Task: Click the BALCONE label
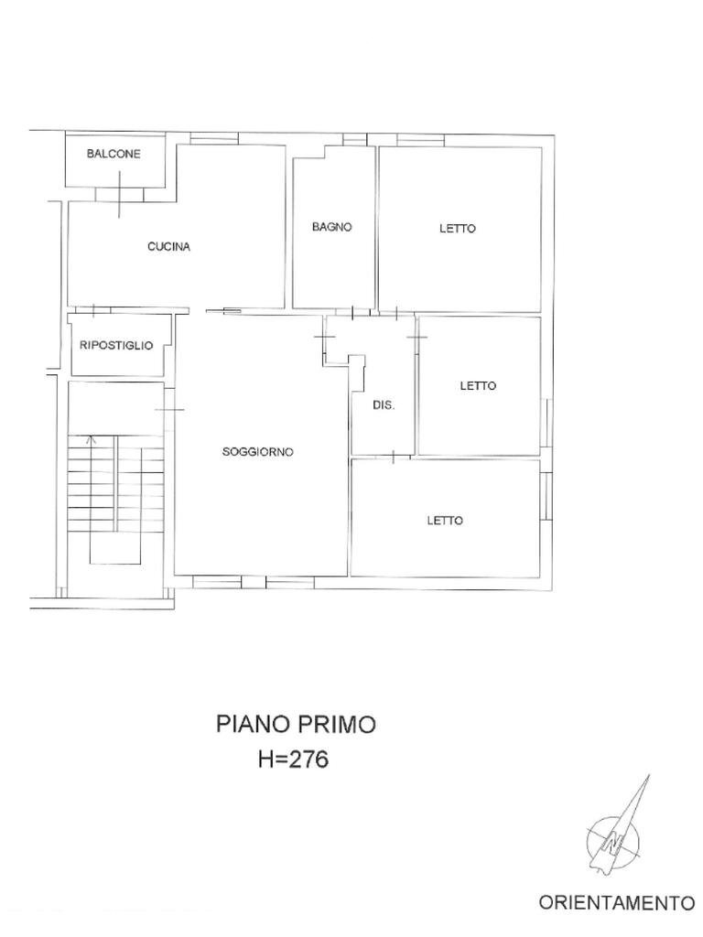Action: click(114, 154)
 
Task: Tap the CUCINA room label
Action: click(168, 246)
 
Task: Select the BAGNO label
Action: click(331, 227)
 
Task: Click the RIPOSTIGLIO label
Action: click(116, 345)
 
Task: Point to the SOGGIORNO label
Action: click(257, 452)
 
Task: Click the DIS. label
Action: click(384, 404)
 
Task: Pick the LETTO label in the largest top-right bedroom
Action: click(458, 228)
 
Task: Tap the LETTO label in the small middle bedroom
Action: click(478, 385)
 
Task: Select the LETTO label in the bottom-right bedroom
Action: click(445, 521)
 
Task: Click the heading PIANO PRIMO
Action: click(296, 724)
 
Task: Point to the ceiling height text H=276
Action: click(294, 759)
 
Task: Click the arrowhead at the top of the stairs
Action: click(91, 440)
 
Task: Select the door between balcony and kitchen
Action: click(120, 194)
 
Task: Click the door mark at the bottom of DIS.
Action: click(394, 458)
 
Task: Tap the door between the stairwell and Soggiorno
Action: click(169, 410)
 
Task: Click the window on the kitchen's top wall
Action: click(214, 139)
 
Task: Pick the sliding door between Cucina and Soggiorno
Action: click(223, 311)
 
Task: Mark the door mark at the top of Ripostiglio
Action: click(94, 311)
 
